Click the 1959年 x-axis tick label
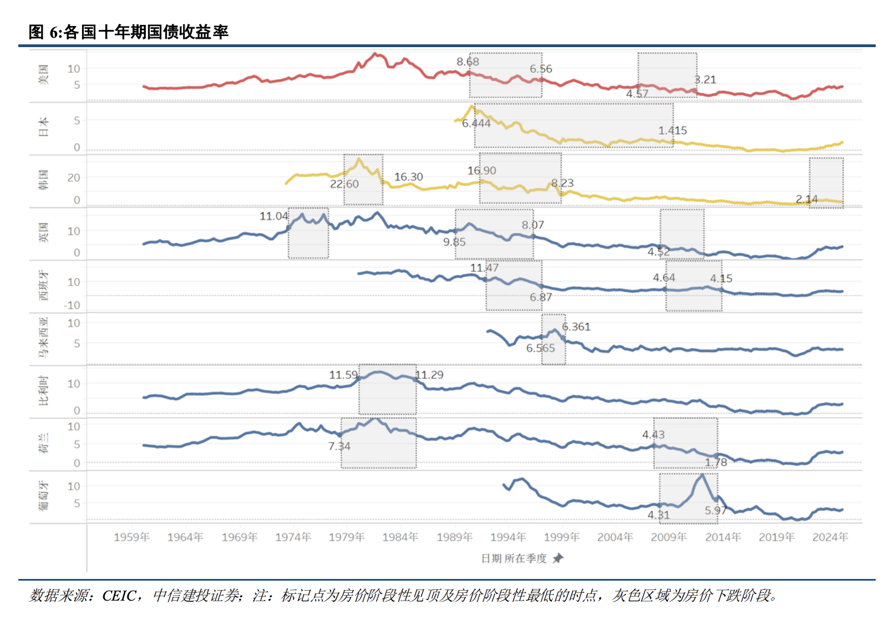131,537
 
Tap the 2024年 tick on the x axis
830,537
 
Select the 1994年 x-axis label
507,537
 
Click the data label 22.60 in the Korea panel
344,184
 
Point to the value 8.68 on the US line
468,62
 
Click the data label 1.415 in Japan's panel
672,130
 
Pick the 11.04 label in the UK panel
273,216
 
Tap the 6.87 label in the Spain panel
540,297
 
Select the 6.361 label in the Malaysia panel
576,327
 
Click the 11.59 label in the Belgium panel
343,375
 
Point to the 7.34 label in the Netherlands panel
339,446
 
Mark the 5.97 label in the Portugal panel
715,510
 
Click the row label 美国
43,74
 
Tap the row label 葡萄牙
43,496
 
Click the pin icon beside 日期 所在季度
557,558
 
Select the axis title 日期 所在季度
514,558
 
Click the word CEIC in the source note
119,596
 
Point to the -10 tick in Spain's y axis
72,305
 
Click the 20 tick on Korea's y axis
74,177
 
